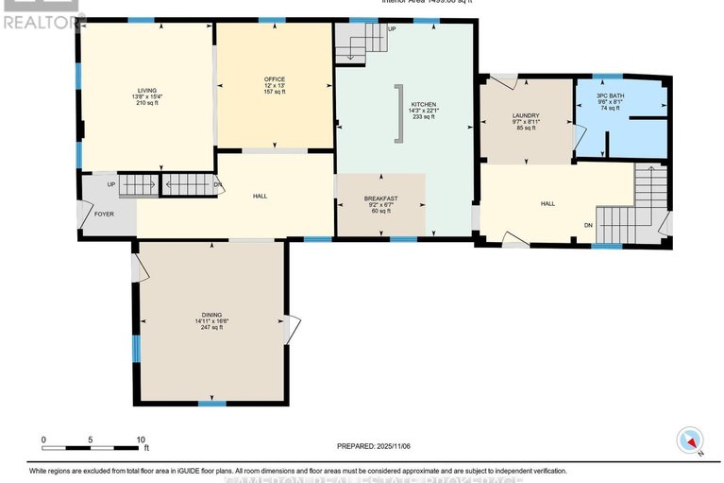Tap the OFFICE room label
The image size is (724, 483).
click(275, 78)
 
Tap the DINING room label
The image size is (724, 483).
click(211, 314)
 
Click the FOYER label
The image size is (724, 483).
click(104, 215)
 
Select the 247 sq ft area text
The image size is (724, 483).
click(211, 329)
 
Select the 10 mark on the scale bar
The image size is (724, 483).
click(141, 440)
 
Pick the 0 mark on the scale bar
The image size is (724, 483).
click(43, 440)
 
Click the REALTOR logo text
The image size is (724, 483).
click(41, 19)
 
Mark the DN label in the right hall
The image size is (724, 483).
click(589, 225)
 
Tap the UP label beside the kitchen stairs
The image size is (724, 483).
click(392, 29)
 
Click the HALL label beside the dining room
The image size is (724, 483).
click(260, 196)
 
